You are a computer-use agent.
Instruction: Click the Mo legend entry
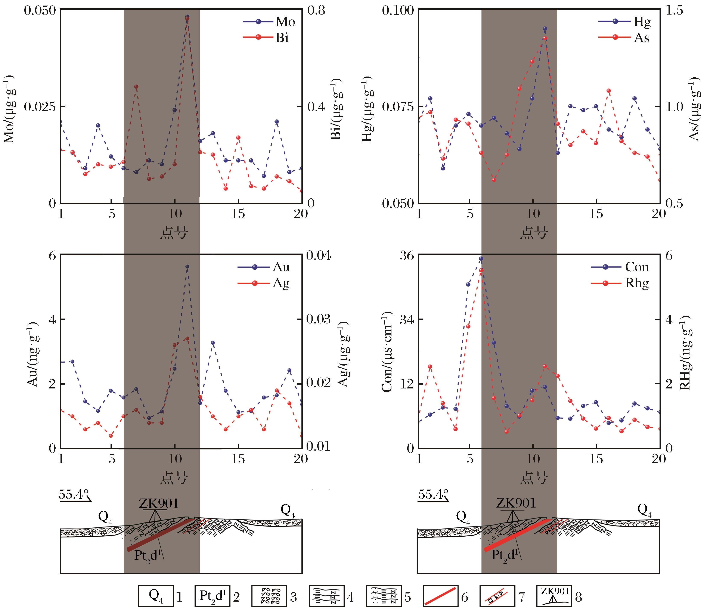[x=269, y=22]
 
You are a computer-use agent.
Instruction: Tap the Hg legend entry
[x=624, y=22]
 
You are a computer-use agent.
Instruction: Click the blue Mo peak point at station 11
[x=187, y=17]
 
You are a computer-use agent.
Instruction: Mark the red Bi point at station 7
[x=136, y=87]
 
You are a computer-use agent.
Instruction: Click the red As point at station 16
[x=609, y=91]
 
